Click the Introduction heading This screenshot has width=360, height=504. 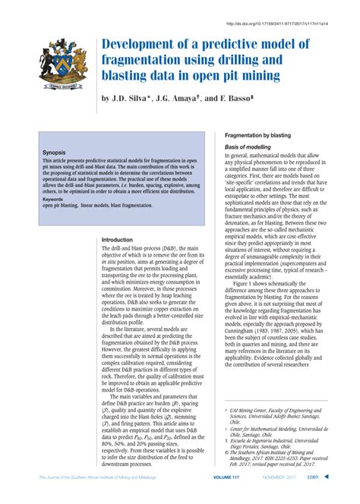click(x=117, y=240)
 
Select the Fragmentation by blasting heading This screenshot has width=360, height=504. click(x=257, y=134)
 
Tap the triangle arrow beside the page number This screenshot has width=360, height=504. click(x=327, y=497)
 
